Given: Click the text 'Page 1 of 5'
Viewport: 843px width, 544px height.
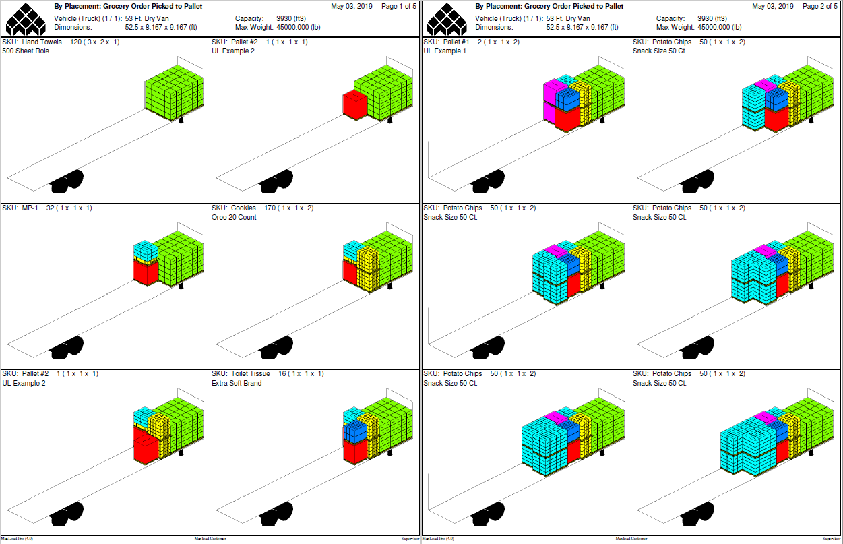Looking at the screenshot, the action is (398, 6).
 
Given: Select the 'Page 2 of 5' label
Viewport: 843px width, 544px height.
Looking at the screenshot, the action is (819, 6).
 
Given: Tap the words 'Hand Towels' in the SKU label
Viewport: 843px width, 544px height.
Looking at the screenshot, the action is (42, 42).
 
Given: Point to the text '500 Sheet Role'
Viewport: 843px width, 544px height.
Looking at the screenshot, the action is (26, 51).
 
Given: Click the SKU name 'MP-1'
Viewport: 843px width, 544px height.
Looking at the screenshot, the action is (30, 208).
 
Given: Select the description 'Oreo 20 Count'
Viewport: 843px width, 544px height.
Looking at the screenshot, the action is (234, 217).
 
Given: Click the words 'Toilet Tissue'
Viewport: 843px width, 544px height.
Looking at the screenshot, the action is (250, 374).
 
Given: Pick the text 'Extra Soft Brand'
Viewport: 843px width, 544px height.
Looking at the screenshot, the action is (237, 384).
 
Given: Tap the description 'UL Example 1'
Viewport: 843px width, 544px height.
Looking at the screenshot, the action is (445, 51).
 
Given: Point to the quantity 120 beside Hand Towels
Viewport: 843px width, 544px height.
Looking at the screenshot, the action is (75, 42).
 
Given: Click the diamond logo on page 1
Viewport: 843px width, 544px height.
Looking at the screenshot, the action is (26, 19).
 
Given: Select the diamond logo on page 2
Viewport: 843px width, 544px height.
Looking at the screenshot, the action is (447, 19).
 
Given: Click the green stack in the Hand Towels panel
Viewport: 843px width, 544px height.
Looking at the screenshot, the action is (175, 92).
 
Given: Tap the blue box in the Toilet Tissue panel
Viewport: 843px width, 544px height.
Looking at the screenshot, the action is (355, 432).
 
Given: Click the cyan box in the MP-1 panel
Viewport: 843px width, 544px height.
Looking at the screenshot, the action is (146, 250).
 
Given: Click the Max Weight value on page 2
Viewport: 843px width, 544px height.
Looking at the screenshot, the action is (720, 28).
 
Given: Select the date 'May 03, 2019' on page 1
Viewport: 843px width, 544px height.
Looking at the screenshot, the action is (352, 6).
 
